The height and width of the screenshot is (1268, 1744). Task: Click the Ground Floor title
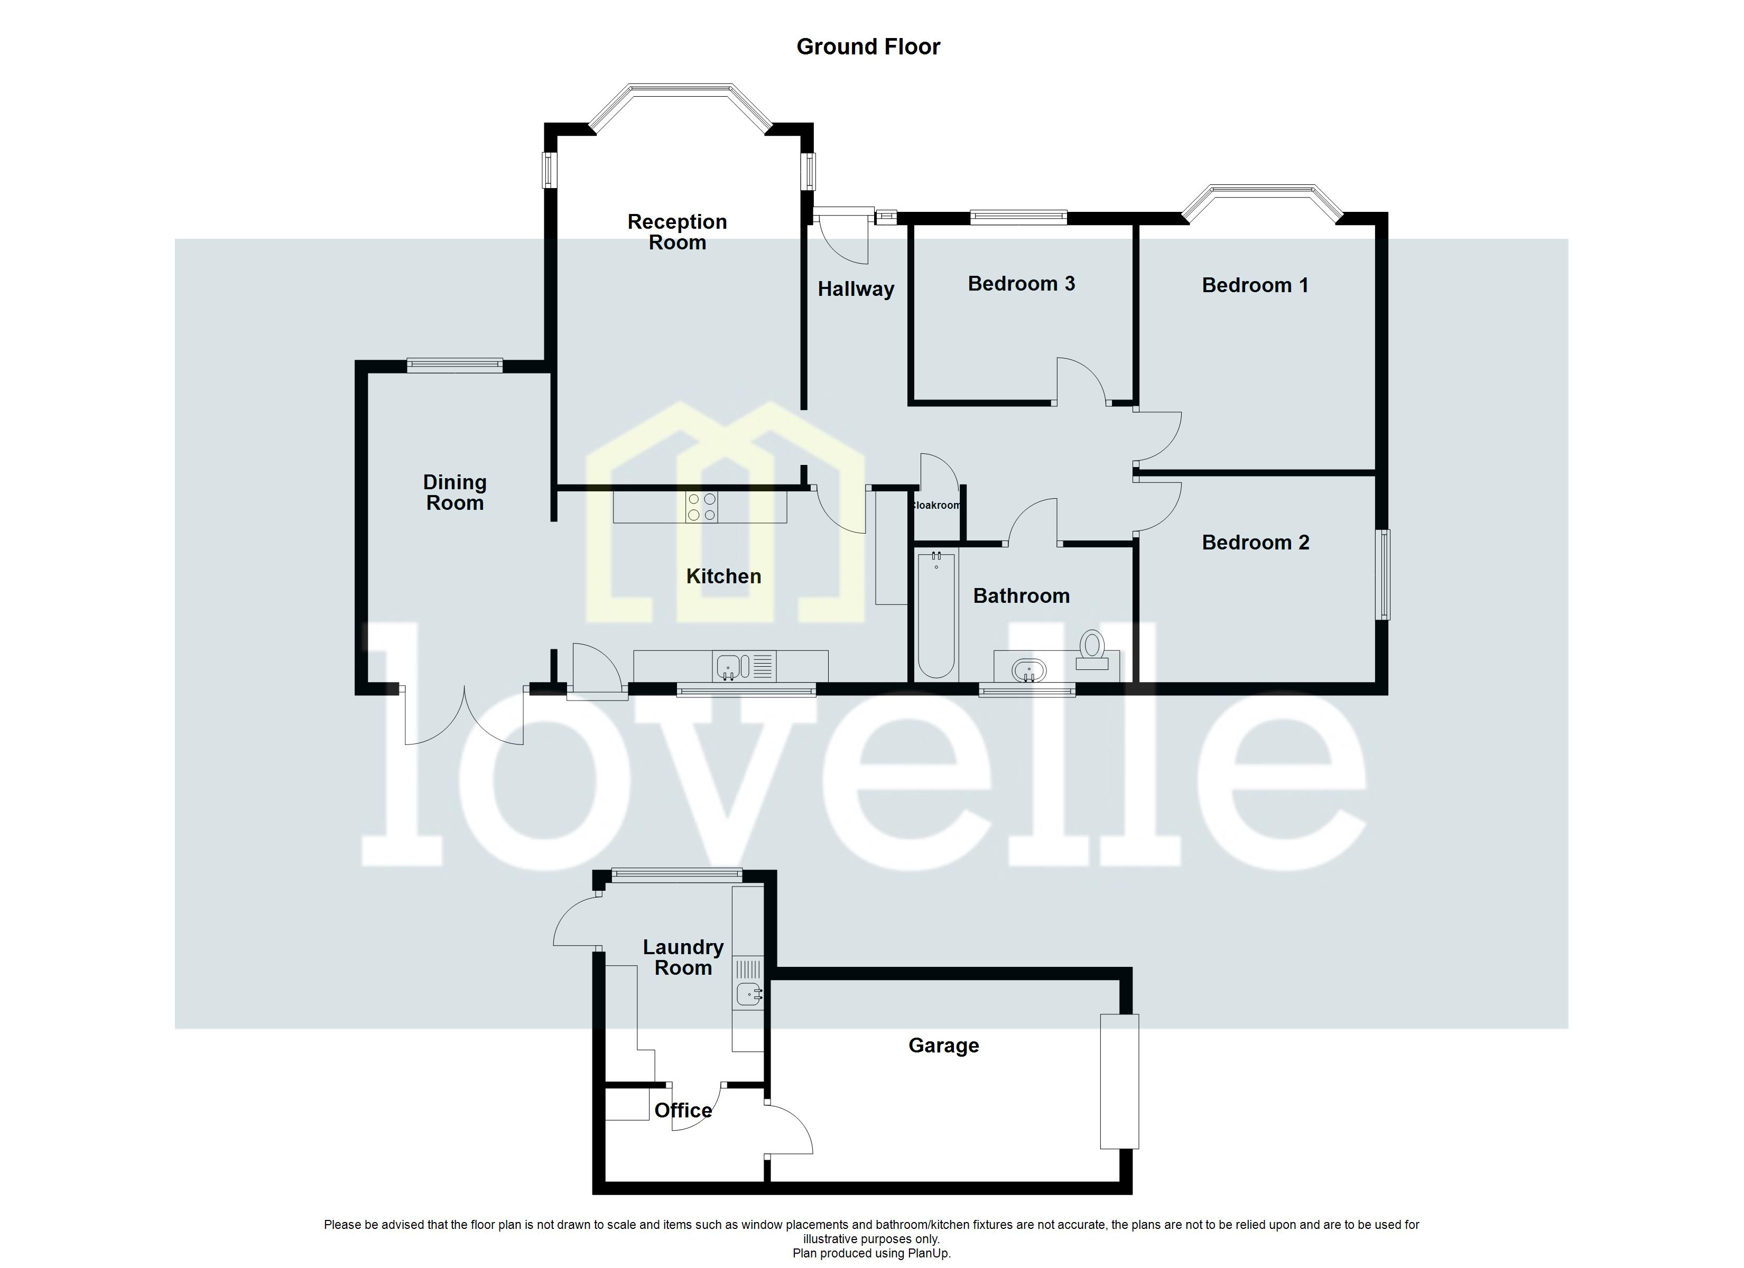click(868, 47)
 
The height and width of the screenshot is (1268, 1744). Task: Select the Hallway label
click(855, 289)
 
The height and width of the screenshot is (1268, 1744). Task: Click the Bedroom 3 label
click(1021, 284)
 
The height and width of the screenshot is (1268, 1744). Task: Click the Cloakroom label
click(936, 505)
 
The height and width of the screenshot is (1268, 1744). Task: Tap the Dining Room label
click(454, 493)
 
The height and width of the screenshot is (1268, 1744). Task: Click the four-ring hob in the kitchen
click(701, 507)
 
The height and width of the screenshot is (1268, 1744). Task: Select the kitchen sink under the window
click(728, 666)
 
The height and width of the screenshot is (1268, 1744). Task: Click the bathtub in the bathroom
click(936, 615)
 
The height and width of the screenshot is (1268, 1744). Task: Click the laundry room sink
click(748, 994)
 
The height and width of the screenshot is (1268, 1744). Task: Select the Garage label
click(943, 1046)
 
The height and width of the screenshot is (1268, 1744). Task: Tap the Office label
click(682, 1111)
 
